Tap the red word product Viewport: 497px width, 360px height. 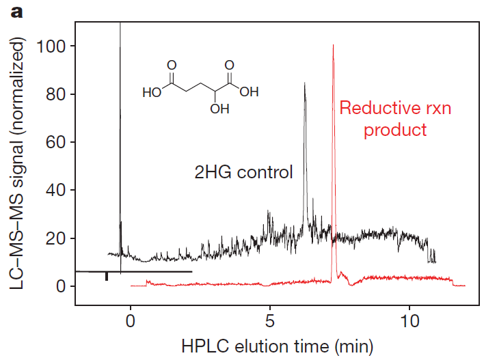[x=394, y=129]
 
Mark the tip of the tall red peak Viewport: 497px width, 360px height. [x=333, y=46]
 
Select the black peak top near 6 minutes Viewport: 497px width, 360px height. [x=304, y=83]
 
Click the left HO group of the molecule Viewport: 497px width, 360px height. [x=152, y=92]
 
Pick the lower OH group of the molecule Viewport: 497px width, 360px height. [x=219, y=109]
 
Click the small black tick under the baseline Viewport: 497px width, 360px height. [x=106, y=277]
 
